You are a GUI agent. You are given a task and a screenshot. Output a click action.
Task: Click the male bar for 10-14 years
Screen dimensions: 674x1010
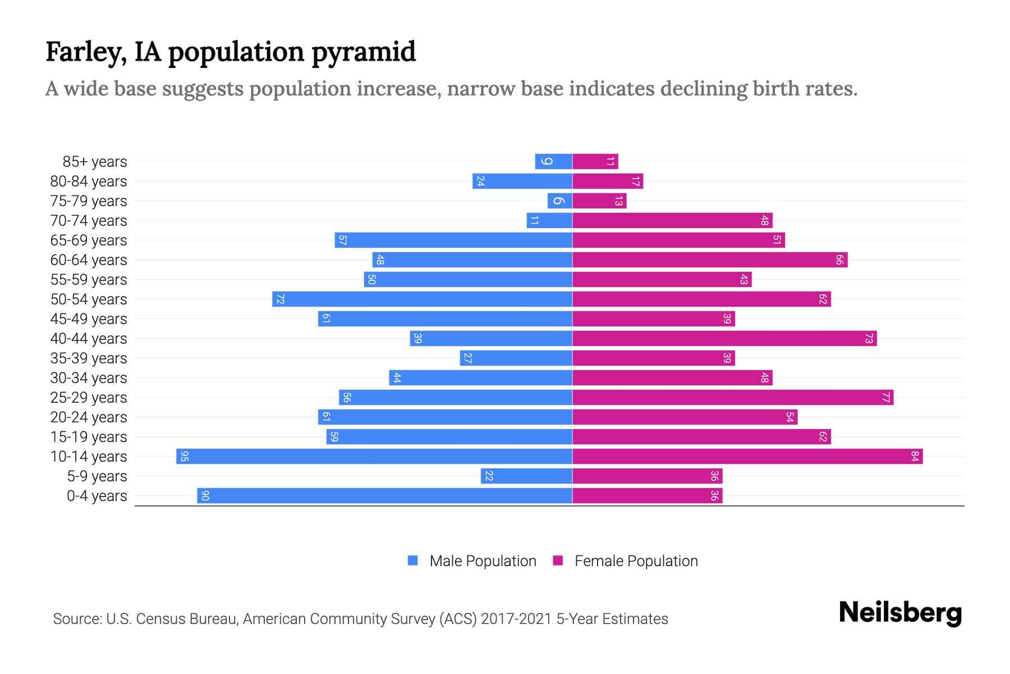(374, 457)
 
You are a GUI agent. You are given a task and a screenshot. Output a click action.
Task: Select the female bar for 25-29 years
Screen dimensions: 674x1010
(732, 398)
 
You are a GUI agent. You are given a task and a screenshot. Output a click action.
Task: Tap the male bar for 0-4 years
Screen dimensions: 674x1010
(384, 496)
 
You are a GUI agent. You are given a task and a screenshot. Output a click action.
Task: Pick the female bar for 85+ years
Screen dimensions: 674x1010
(595, 162)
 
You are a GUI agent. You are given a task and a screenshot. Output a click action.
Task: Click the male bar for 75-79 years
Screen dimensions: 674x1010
(560, 201)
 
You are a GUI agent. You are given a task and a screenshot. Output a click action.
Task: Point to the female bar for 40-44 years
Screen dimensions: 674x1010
(724, 339)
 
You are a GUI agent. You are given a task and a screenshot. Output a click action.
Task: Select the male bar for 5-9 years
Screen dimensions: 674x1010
(526, 476)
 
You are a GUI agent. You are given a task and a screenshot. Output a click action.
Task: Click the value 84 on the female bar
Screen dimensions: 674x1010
(915, 457)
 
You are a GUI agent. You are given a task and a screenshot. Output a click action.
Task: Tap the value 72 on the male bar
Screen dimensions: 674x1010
(280, 299)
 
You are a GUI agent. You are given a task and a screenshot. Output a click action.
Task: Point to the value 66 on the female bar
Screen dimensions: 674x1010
(839, 260)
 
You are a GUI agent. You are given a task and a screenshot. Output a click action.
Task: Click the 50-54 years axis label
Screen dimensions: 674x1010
(89, 299)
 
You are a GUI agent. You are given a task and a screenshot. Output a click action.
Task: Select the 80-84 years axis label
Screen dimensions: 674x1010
(89, 181)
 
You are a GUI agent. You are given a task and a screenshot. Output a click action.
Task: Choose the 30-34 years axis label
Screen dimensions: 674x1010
(89, 378)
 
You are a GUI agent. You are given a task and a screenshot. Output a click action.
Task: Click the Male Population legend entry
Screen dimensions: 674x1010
(483, 561)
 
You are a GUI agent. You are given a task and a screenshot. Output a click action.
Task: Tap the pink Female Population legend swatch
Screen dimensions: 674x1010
(558, 561)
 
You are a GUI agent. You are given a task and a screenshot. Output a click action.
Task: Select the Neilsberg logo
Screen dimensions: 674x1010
(900, 613)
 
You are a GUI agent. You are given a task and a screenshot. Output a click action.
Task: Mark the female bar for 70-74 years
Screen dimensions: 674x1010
(672, 221)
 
